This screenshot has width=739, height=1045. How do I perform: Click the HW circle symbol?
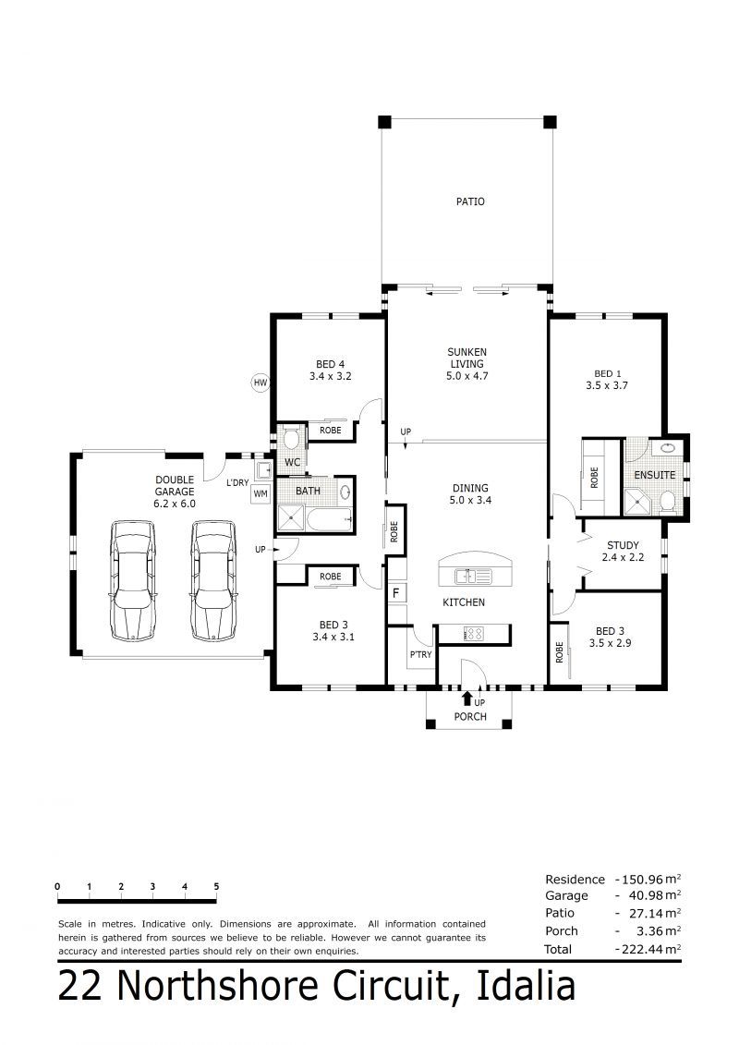pyautogui.click(x=260, y=383)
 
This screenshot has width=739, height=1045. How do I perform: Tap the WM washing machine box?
pyautogui.click(x=260, y=493)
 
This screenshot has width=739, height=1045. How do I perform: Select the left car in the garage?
pyautogui.click(x=133, y=580)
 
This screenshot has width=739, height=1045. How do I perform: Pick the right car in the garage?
pyautogui.click(x=213, y=580)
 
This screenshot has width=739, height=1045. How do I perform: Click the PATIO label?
pyautogui.click(x=470, y=201)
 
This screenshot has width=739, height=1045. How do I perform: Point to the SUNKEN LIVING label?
pyautogui.click(x=467, y=358)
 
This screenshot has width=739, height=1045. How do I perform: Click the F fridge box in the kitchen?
pyautogui.click(x=395, y=592)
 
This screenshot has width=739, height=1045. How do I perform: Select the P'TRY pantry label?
pyautogui.click(x=421, y=654)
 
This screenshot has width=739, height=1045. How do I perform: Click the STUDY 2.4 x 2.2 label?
pyautogui.click(x=623, y=551)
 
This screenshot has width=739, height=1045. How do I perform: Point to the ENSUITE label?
pyautogui.click(x=654, y=475)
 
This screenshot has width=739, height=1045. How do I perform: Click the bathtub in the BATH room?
pyautogui.click(x=328, y=518)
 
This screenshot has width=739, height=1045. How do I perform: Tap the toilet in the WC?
pyautogui.click(x=291, y=439)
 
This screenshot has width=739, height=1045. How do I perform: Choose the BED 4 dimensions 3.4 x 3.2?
pyautogui.click(x=331, y=376)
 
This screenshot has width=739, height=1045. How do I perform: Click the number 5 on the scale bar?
pyautogui.click(x=216, y=886)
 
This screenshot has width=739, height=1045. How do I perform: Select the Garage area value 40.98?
pyautogui.click(x=639, y=895)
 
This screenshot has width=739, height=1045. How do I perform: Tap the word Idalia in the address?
pyautogui.click(x=526, y=987)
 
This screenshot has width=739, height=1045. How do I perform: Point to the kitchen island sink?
pyautogui.click(x=472, y=575)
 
